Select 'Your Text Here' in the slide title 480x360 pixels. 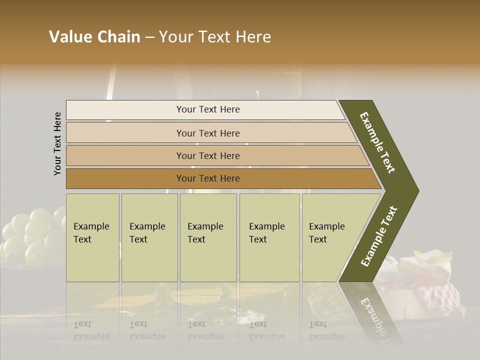pos(215,37)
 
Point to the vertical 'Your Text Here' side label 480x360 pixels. pos(57,143)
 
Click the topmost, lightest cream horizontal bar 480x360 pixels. pos(205,109)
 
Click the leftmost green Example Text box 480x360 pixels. pos(92,237)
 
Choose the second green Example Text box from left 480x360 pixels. pos(149,237)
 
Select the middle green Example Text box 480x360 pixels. pos(208,237)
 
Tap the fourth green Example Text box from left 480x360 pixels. pos(269,237)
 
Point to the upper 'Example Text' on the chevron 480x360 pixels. pos(378,142)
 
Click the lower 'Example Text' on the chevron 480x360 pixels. pos(379,236)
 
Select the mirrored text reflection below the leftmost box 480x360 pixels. pos(91,331)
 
